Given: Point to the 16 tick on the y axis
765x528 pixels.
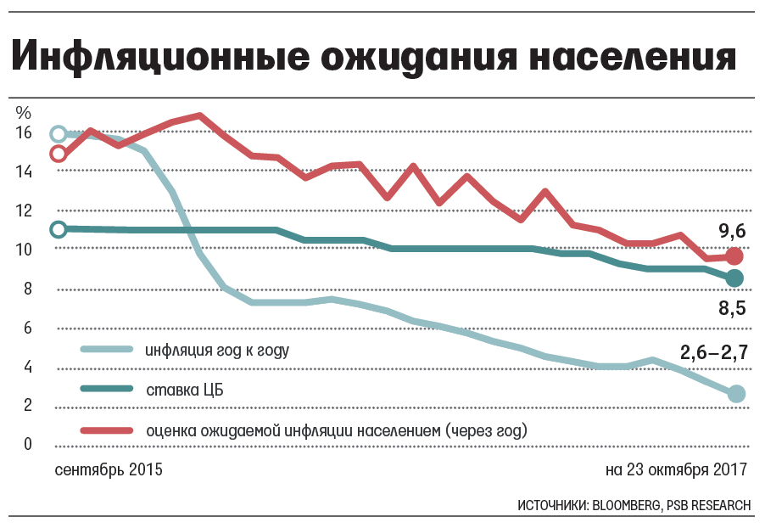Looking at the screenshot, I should tap(23, 133).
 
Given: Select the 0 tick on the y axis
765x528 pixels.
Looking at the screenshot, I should tap(28, 444).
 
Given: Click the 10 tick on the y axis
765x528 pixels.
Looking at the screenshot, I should tap(23, 250).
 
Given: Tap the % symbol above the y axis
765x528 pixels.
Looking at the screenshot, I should tap(23, 111).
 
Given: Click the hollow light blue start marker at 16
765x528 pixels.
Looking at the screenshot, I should tap(59, 133).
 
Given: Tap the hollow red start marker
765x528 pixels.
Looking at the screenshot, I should tap(59, 154).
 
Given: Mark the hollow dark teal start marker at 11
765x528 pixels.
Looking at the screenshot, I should tap(59, 229).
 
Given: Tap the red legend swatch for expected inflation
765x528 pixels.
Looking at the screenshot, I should tap(107, 430).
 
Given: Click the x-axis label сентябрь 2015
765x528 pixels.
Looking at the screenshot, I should tap(108, 469).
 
